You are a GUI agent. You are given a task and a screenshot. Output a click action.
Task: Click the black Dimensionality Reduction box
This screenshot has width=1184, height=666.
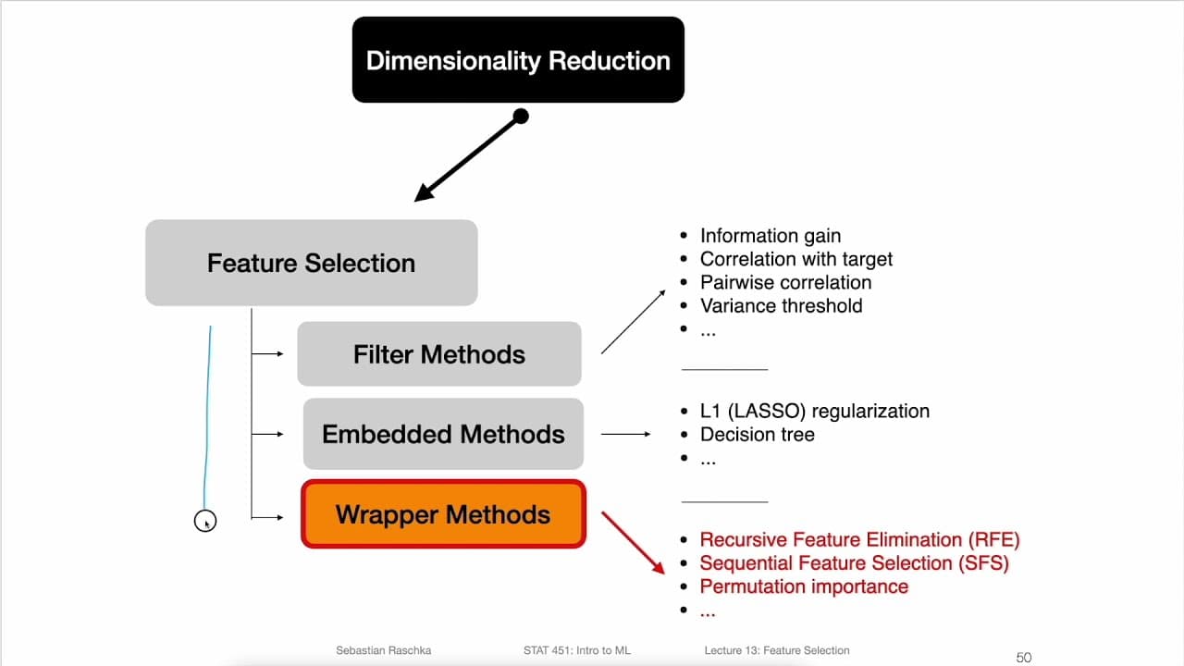point(518,60)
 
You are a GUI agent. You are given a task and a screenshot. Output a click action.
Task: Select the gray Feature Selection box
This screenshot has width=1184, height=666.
point(311,263)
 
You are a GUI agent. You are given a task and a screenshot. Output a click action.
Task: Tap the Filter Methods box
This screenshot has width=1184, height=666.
point(438,354)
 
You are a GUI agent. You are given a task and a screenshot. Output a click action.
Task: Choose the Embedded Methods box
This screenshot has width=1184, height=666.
point(443,434)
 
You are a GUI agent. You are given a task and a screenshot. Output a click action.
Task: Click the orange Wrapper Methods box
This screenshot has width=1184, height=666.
point(443,514)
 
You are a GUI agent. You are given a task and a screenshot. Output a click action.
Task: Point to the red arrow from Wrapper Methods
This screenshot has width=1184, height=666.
point(634,542)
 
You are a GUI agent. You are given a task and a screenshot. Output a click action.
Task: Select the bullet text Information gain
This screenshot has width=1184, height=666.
point(770,236)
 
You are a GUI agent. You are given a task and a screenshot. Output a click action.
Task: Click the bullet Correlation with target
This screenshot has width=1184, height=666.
point(795,259)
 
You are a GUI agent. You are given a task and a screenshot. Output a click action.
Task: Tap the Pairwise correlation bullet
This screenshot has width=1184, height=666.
point(785,282)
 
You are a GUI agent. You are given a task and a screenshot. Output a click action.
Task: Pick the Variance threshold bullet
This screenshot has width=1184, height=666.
point(781,305)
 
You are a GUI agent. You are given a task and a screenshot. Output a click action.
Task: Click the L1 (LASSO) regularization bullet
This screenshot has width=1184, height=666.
point(814,411)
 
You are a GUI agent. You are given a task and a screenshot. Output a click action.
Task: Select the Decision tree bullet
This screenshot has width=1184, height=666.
point(757,434)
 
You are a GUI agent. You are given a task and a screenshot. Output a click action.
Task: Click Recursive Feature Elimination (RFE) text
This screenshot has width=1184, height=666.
point(859,539)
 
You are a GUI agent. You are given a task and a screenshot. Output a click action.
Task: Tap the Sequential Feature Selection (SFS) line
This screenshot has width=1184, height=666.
point(854,562)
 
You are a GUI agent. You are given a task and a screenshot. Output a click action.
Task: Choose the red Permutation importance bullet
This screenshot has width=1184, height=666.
point(804,586)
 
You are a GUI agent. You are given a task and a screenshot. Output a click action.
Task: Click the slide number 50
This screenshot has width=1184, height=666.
point(1023,658)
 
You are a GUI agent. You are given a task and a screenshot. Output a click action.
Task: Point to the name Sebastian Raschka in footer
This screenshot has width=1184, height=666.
point(382,650)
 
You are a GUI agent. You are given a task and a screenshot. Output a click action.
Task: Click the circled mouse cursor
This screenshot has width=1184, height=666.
point(205,522)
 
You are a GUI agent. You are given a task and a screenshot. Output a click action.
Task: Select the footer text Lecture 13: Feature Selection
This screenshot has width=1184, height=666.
point(776,650)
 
